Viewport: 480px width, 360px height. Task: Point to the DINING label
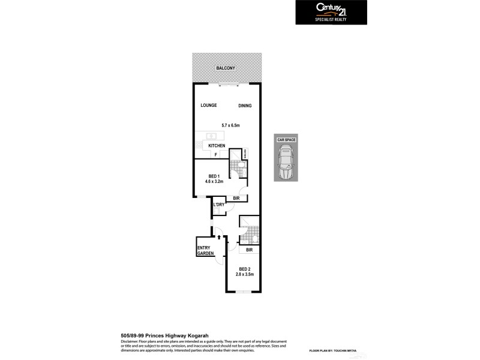pos(244,106)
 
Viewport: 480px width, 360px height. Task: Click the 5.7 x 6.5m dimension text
pos(230,125)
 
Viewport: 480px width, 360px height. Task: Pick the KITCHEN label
pos(217,146)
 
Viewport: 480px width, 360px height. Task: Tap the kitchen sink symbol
pos(212,136)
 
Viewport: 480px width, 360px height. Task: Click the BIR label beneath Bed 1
pos(236,198)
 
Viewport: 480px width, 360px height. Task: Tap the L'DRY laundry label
pos(218,205)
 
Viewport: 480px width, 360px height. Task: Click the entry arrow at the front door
pos(219,236)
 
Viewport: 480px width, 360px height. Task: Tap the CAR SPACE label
pos(287,139)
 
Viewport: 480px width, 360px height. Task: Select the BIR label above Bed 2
pos(249,250)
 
